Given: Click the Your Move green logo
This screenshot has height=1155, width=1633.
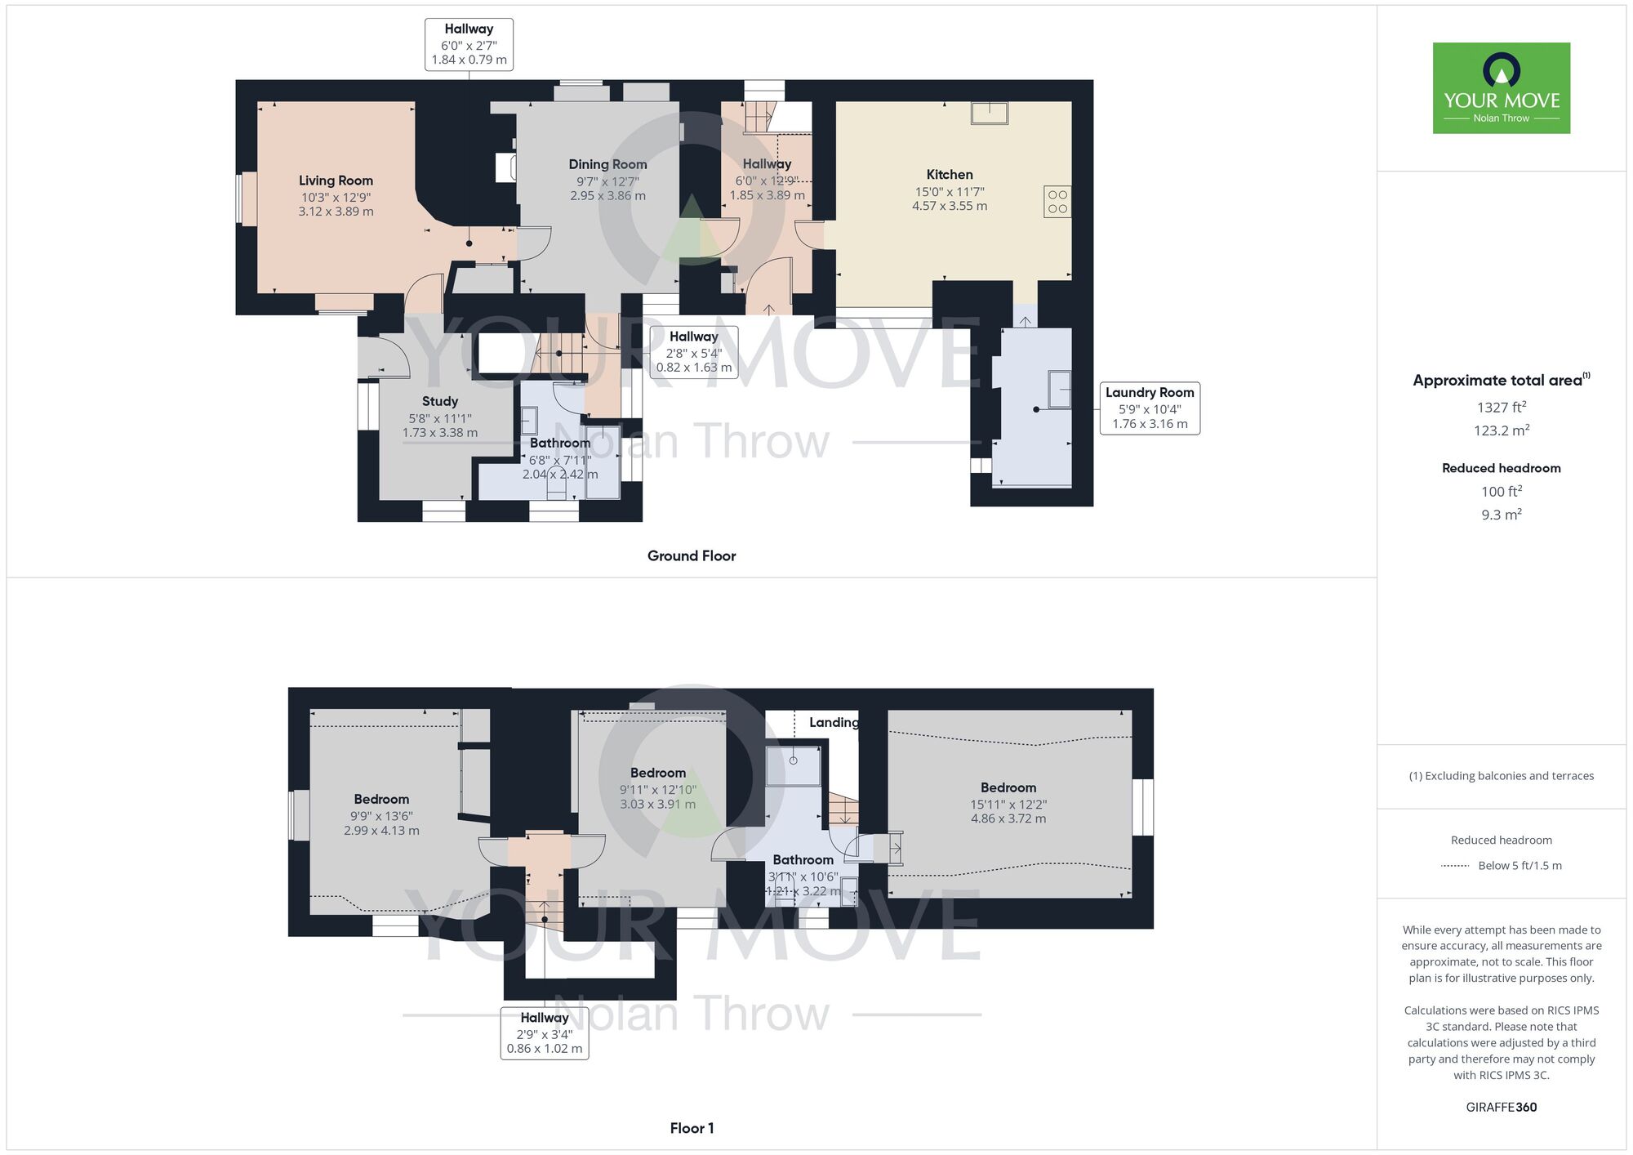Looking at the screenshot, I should (1501, 88).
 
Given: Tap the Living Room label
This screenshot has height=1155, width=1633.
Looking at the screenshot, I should (336, 181).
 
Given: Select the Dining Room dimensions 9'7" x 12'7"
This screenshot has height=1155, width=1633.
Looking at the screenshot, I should (607, 181).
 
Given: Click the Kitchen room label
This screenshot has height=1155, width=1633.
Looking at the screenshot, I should (949, 174).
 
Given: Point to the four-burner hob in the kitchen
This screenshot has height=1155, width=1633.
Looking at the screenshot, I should (1057, 202).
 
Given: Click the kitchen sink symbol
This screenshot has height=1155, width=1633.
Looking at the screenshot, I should (989, 112).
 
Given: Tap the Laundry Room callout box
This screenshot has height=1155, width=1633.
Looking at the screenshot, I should (1149, 408).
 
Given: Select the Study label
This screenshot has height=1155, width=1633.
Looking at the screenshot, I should (439, 401).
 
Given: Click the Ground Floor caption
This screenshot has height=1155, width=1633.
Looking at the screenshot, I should (691, 555).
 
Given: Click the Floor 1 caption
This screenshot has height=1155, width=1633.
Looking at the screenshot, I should (691, 1128).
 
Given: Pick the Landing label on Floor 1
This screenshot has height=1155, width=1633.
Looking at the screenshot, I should (833, 722).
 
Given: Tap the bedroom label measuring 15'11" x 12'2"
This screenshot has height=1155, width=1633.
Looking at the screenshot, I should (1008, 787).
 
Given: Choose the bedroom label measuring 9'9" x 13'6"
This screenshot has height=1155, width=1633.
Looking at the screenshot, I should (381, 799).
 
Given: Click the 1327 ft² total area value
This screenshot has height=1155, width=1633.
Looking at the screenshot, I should (1501, 407).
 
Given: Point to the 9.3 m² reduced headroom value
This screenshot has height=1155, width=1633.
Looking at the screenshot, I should (1501, 515).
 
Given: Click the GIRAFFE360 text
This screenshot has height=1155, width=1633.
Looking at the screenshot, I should (1501, 1107).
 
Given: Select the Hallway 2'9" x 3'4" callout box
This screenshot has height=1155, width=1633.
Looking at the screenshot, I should (544, 1033).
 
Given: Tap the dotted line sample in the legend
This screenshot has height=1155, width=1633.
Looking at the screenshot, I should (1455, 866).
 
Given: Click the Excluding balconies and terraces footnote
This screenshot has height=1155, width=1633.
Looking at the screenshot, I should (1501, 776).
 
